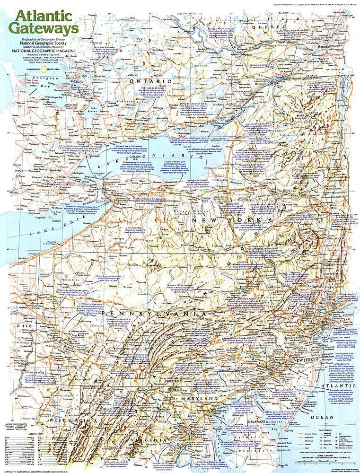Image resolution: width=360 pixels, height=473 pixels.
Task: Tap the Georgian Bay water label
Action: [x=24, y=82]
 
